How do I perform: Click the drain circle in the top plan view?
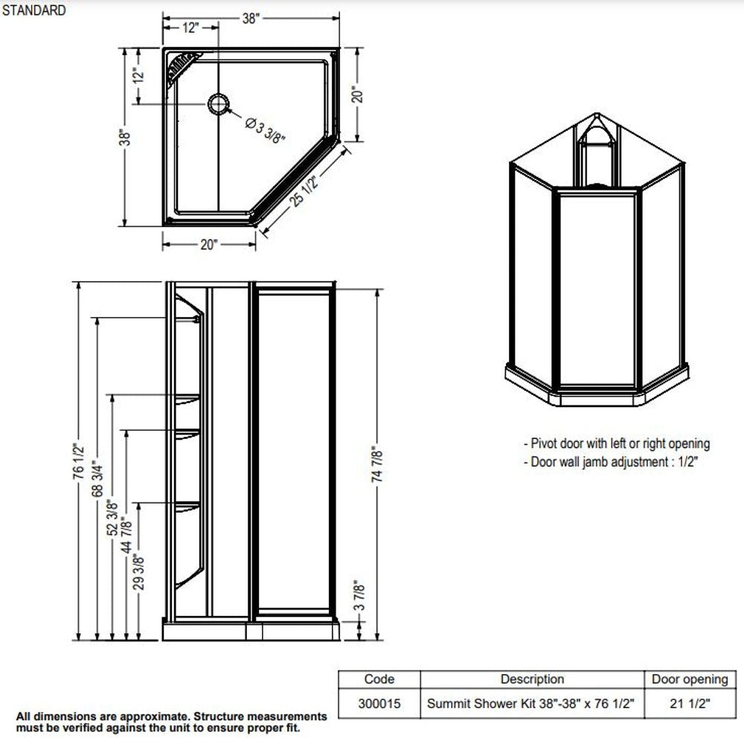coord(219,105)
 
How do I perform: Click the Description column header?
coord(532,679)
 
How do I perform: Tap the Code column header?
coord(379,679)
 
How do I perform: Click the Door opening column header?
coord(690,679)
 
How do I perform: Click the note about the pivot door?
coord(617,444)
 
